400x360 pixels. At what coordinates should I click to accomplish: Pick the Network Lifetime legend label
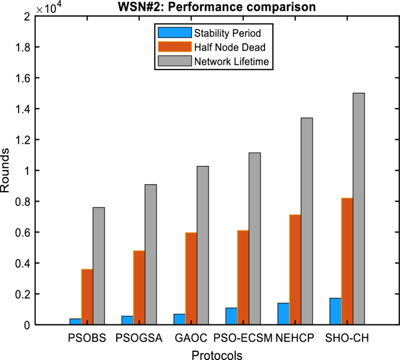(x=232, y=61)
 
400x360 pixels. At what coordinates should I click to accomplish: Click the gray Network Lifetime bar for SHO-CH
(x=359, y=208)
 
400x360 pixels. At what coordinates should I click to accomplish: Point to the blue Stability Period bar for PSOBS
(x=75, y=321)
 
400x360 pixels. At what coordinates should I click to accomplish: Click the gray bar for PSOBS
(x=99, y=266)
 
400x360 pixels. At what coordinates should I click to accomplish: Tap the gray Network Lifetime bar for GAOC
(x=203, y=245)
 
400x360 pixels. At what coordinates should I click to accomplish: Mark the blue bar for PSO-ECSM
(x=231, y=316)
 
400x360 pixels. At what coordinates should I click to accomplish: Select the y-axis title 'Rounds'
(x=6, y=171)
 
